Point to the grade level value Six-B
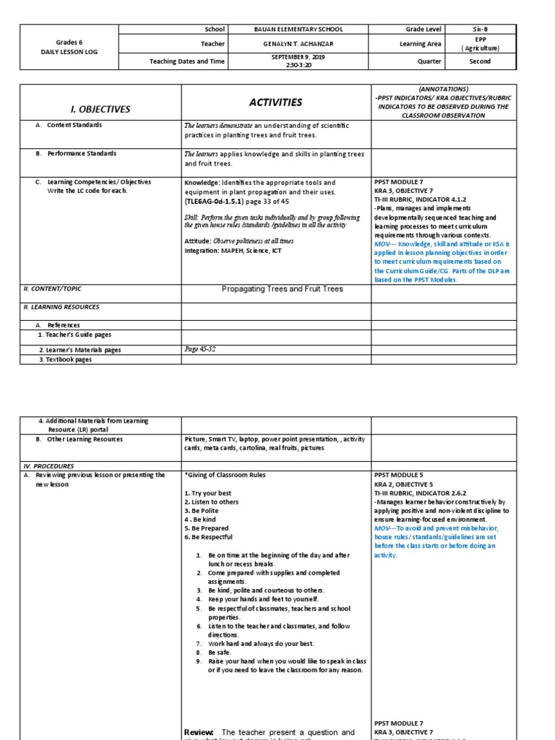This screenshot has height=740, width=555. coord(480,30)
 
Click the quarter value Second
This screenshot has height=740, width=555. coord(480,61)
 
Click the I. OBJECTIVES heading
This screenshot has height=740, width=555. coord(99,109)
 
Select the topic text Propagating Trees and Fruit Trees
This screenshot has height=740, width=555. coord(276,289)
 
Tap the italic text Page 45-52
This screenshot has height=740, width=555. coord(200,349)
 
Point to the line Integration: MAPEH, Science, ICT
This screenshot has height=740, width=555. coord(233,251)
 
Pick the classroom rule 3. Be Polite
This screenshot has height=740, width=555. coord(201,511)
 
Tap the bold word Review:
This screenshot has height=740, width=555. coord(198,732)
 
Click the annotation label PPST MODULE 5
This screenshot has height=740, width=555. coord(399,476)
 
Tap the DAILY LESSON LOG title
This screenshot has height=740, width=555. coord(69,53)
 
